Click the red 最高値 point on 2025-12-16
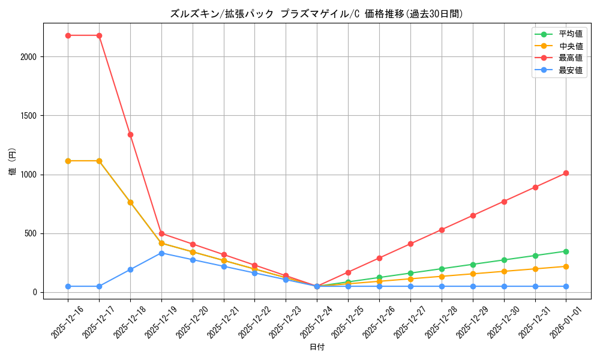click(68, 35)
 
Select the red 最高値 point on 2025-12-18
click(130, 134)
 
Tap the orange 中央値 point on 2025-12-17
click(99, 161)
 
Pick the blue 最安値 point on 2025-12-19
click(161, 253)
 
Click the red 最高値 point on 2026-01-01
click(566, 173)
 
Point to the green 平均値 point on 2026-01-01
click(566, 251)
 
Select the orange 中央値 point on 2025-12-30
click(504, 271)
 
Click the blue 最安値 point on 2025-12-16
click(68, 286)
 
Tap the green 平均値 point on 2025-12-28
click(442, 269)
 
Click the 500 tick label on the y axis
click(31, 233)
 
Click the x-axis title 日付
click(317, 347)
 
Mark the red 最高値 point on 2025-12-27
click(410, 244)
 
